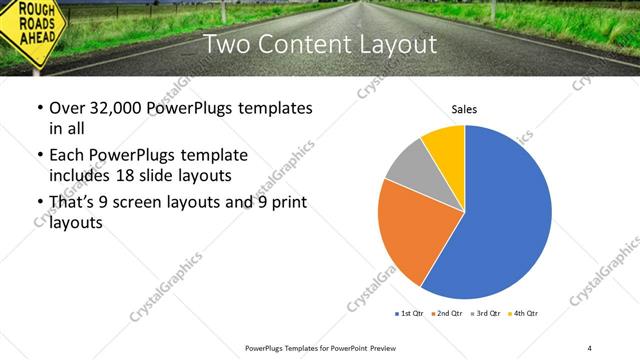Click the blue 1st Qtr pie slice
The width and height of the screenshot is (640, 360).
505,215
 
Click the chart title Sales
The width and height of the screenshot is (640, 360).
464,108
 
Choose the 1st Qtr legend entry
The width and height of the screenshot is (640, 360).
411,314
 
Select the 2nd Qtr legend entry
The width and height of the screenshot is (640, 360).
449,314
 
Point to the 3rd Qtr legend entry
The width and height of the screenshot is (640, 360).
487,314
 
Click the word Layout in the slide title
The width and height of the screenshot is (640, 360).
396,45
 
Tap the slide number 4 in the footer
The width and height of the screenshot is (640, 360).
590,347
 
